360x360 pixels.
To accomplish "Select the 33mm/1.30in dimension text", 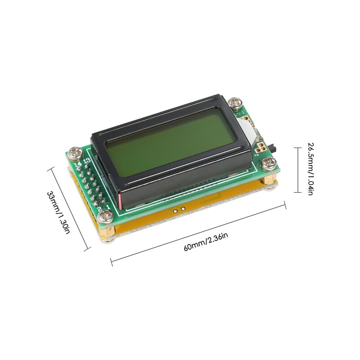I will (x=59, y=211).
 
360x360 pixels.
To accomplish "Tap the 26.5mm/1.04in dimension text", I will (x=310, y=169).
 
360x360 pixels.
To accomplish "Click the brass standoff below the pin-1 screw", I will (x=107, y=234).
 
